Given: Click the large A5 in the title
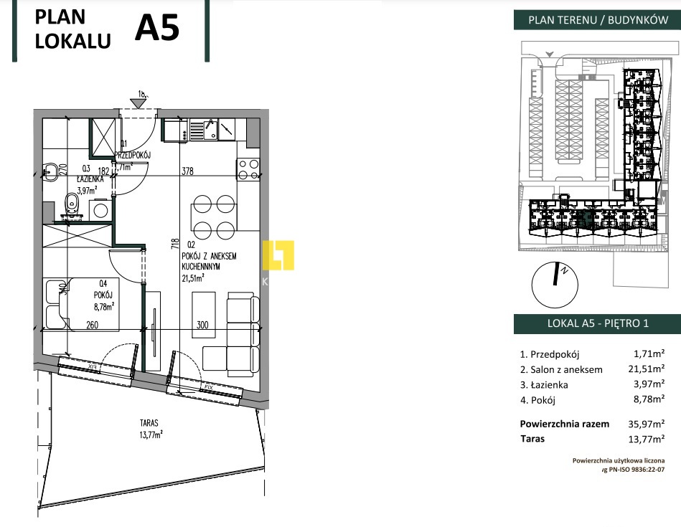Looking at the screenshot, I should pyautogui.click(x=156, y=29).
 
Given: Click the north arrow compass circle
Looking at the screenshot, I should pyautogui.click(x=553, y=280).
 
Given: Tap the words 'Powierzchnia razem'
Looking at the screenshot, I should pyautogui.click(x=564, y=424).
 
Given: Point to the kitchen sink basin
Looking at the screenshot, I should pyautogui.click(x=210, y=130).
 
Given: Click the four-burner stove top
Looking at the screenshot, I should pyautogui.click(x=248, y=169).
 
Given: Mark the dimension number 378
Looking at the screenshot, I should pyautogui.click(x=187, y=171).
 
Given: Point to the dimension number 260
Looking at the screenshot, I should pyautogui.click(x=90, y=324).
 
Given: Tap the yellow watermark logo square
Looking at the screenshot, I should pyautogui.click(x=278, y=255).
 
